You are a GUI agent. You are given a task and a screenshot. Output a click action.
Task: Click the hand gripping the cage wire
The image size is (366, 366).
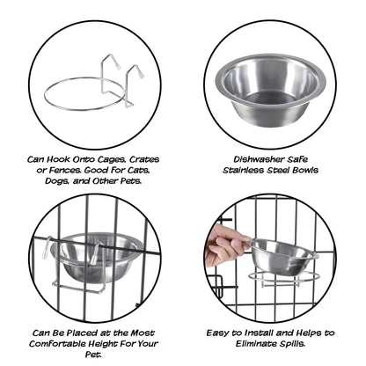click(x=221, y=246)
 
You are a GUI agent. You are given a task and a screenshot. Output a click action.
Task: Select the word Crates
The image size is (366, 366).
click(x=123, y=159)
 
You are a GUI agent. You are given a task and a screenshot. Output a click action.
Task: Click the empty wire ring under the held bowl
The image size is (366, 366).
click(x=283, y=280)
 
